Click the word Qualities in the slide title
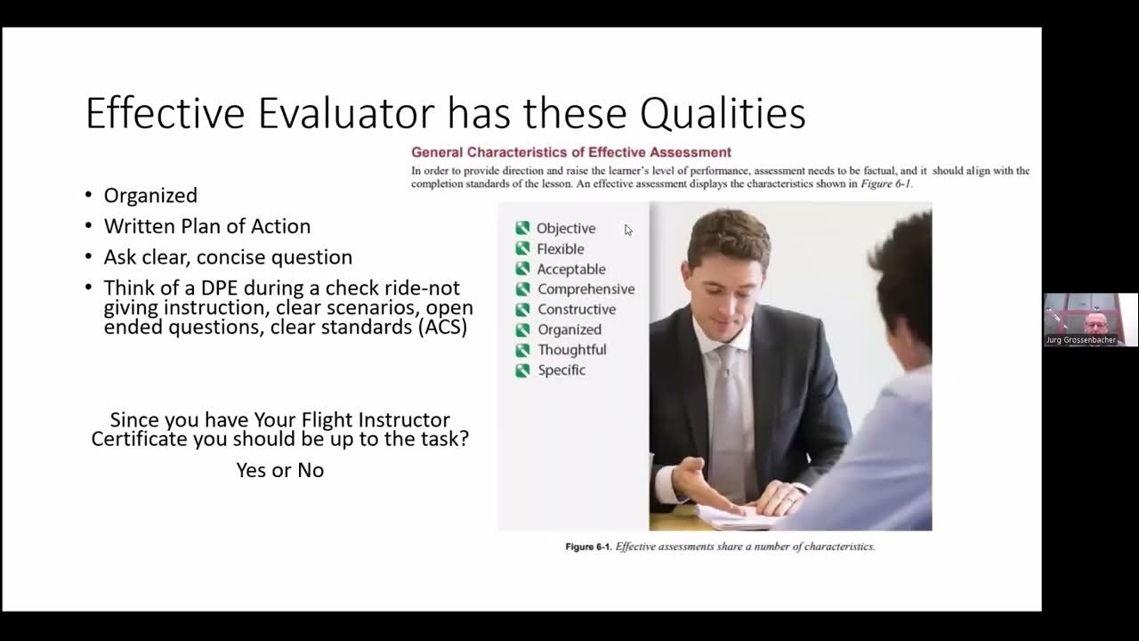(x=723, y=114)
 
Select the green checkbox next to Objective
(x=522, y=229)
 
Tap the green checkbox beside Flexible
(x=522, y=249)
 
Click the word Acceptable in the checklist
(x=571, y=269)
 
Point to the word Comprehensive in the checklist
(x=586, y=289)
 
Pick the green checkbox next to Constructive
(x=522, y=310)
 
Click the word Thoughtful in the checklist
(x=571, y=350)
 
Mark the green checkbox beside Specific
(x=522, y=370)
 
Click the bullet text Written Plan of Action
(x=206, y=226)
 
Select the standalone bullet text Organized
(x=150, y=195)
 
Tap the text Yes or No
(x=279, y=470)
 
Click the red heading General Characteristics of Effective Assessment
(x=570, y=152)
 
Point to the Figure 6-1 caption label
(x=589, y=547)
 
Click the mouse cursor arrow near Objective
(x=628, y=230)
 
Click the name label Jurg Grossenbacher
(x=1080, y=340)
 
